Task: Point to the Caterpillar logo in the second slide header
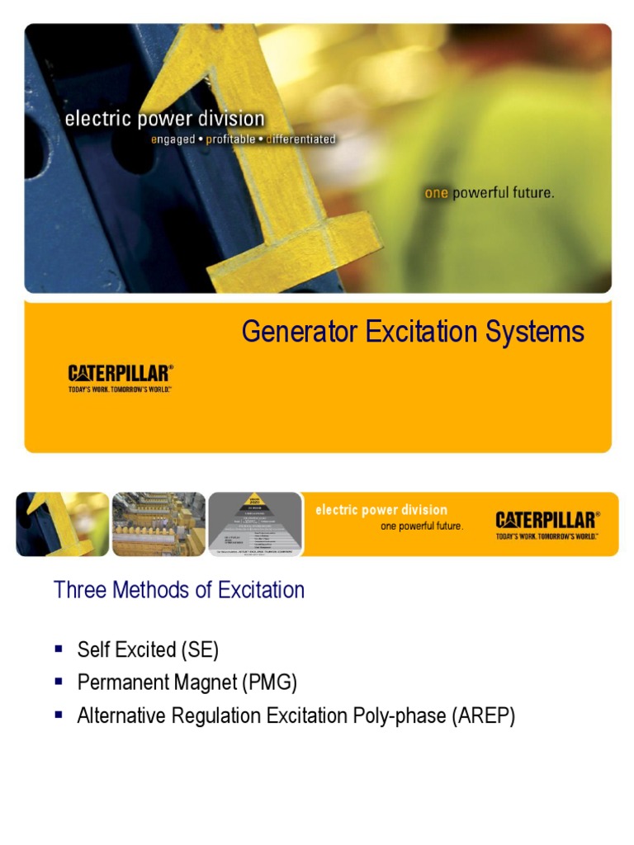point(547,524)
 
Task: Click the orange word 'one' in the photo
point(435,193)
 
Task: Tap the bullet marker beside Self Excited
point(59,649)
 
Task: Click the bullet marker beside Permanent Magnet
point(59,682)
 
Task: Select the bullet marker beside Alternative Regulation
point(59,715)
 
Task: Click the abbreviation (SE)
point(199,650)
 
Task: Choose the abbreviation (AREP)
point(483,716)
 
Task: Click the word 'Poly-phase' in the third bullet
point(400,716)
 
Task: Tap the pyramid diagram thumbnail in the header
point(255,523)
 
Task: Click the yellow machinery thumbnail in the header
point(158,523)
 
